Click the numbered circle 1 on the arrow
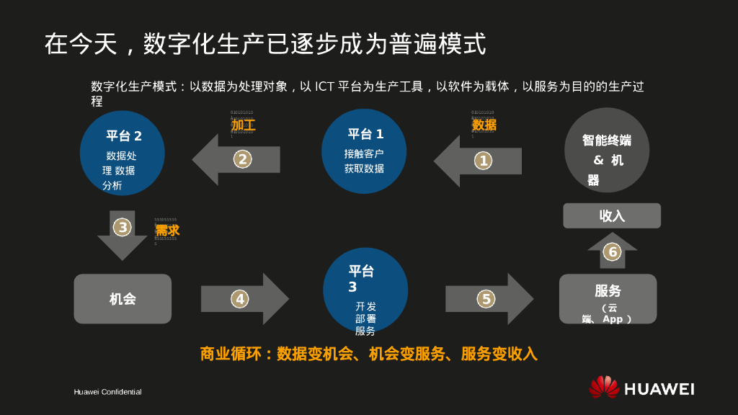point(484,161)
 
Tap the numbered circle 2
point(243,159)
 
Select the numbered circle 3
point(123,228)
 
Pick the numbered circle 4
point(240,298)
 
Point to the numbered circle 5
point(486,298)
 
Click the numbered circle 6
point(612,251)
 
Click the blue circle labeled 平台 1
point(364,151)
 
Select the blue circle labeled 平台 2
point(123,153)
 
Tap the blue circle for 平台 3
point(365,290)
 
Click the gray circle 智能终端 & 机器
point(607,150)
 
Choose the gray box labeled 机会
point(123,298)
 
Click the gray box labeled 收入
point(612,215)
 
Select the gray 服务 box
point(608,298)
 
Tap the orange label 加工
point(243,125)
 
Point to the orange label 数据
point(484,125)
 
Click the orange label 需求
point(167,231)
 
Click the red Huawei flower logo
point(604,387)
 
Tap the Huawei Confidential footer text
point(107,392)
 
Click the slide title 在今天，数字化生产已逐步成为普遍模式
point(265,44)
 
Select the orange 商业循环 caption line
point(368,354)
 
